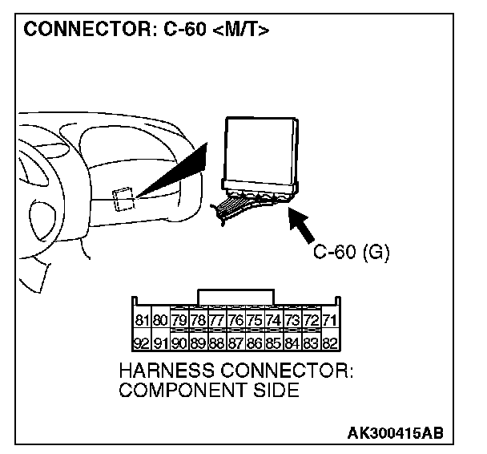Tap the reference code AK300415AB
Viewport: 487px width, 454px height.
coord(395,434)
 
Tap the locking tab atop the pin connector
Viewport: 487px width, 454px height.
coord(235,296)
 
